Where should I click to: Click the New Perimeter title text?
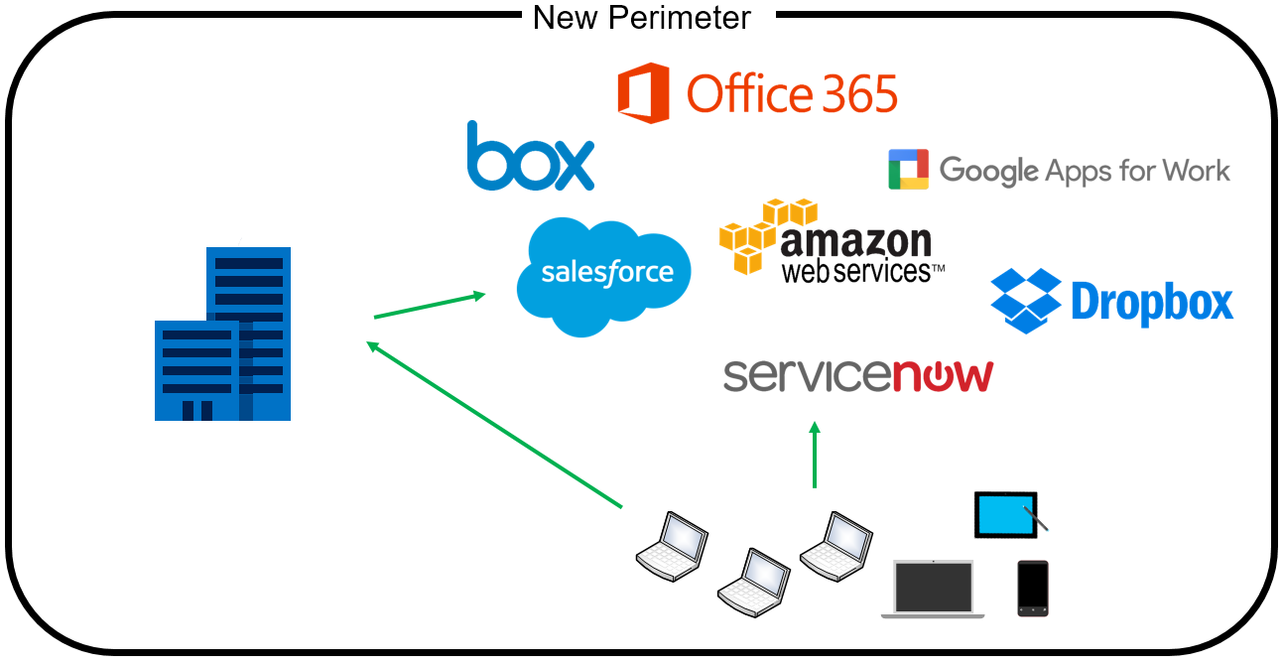[642, 17]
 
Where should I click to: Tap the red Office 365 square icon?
[643, 92]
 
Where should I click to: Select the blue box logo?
[530, 157]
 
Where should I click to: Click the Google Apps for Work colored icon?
[908, 170]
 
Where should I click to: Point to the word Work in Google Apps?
[1196, 171]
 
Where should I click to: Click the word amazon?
[856, 242]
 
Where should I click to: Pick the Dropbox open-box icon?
[1027, 300]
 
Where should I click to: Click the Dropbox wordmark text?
[1152, 303]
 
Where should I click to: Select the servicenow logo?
[857, 376]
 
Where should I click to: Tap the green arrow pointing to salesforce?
[430, 305]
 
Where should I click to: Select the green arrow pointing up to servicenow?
[815, 455]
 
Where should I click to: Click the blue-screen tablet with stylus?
[1007, 515]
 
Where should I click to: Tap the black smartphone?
[1032, 588]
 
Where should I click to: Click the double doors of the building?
[195, 410]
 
